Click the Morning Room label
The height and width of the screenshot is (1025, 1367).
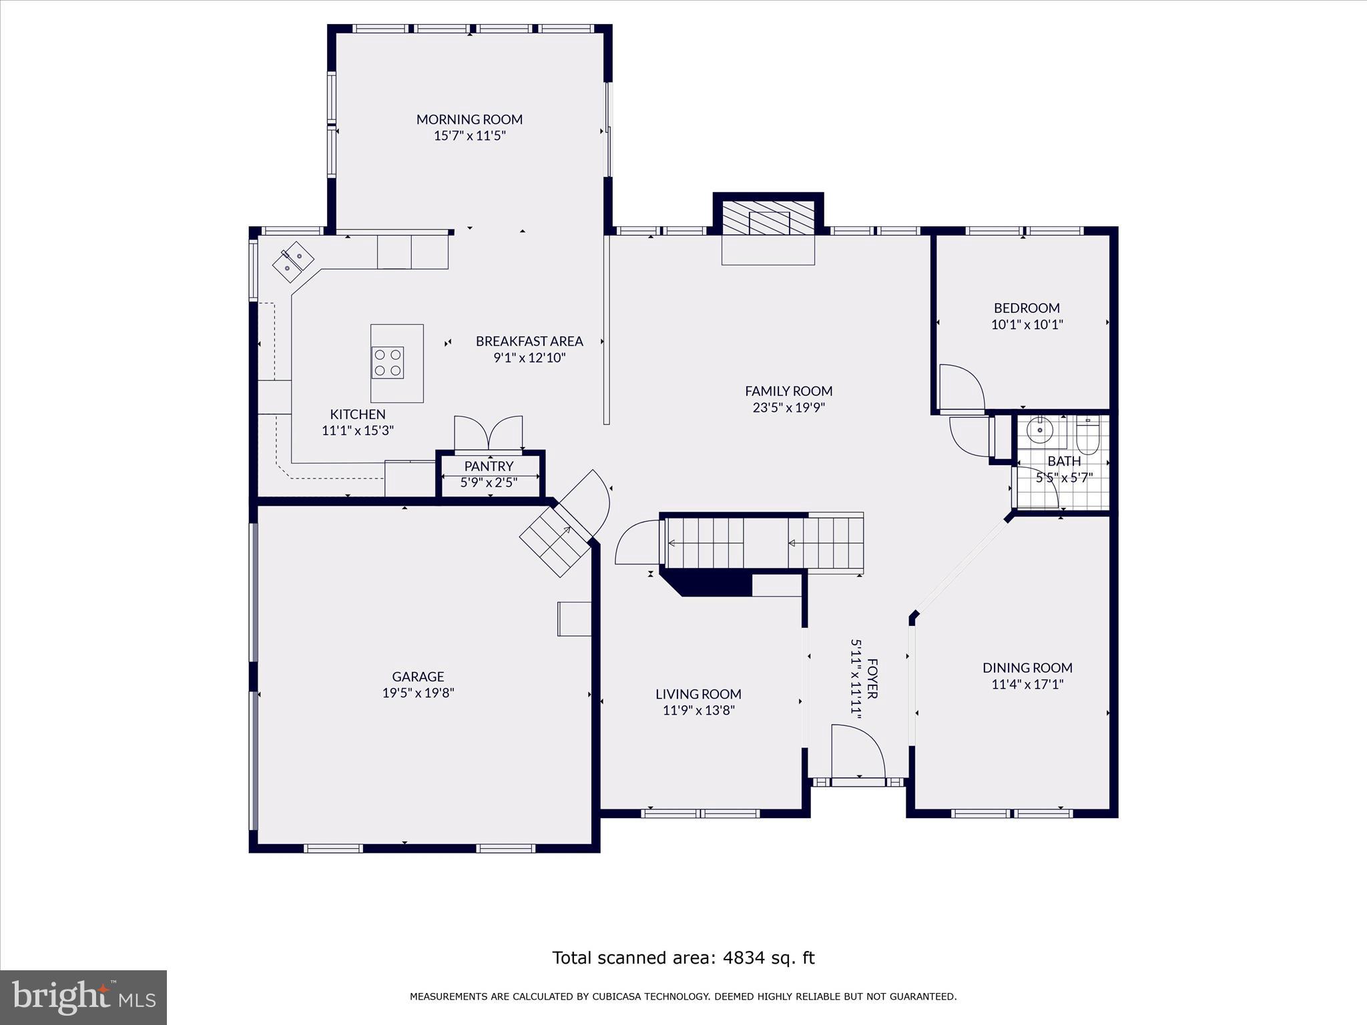(x=469, y=119)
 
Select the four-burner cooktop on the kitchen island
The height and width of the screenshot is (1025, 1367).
(x=388, y=362)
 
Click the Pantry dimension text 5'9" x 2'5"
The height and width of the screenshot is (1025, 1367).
(x=489, y=482)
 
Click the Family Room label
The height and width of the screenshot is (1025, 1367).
(x=788, y=391)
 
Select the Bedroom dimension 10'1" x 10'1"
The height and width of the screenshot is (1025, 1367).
(x=1027, y=325)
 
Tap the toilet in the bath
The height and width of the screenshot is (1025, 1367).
(x=1087, y=434)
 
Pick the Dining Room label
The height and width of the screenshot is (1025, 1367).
(x=1027, y=667)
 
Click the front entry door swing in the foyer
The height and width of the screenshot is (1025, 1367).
(x=858, y=751)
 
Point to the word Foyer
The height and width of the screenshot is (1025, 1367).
(x=872, y=679)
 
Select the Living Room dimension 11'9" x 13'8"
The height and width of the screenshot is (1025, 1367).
(x=698, y=711)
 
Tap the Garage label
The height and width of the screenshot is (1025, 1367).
(x=418, y=677)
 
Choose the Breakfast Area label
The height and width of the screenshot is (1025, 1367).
(x=529, y=341)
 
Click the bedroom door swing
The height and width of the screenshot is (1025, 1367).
(x=962, y=387)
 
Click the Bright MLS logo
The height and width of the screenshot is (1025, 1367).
(x=83, y=998)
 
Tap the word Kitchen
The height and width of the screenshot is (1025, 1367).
(x=358, y=414)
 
